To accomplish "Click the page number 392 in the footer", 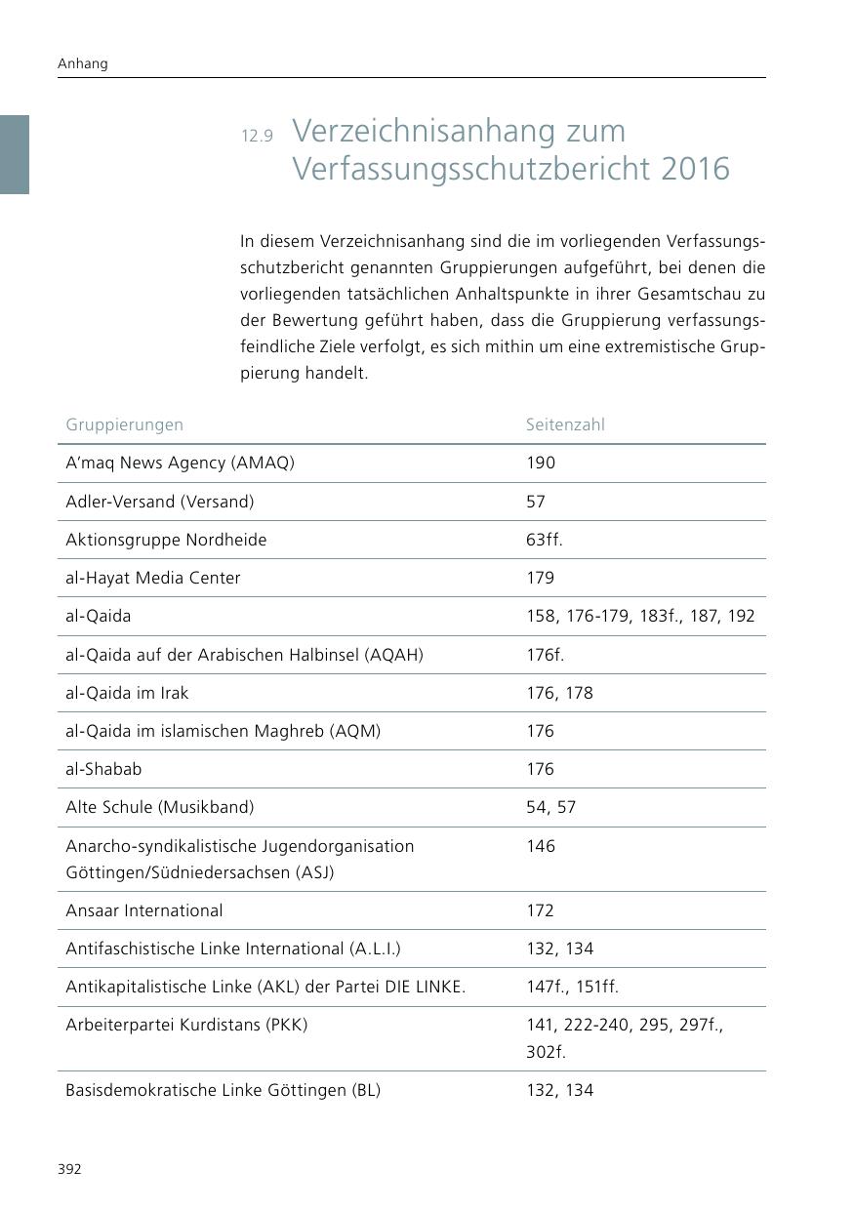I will click(x=68, y=1169).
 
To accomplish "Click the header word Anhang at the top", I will click(x=83, y=63).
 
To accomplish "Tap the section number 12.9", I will click(x=257, y=136).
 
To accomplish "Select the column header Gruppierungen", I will click(x=124, y=424).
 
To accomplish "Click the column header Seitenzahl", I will click(x=565, y=424).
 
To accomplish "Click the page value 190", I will click(x=540, y=463).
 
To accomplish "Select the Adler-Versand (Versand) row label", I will click(x=159, y=502).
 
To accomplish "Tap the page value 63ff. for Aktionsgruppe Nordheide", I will click(x=544, y=540).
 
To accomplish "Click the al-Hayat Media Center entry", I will click(x=152, y=578).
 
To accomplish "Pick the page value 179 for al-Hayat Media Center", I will click(x=540, y=578).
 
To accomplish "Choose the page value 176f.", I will click(x=545, y=655).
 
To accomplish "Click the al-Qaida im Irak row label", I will click(x=127, y=693).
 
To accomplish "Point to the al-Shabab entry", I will click(x=103, y=769).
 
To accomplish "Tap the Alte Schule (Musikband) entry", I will click(x=159, y=807).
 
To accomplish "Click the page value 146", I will click(x=540, y=846).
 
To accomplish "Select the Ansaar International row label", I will click(x=143, y=910).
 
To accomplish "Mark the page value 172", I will click(x=540, y=910).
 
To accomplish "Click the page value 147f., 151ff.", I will click(x=572, y=987).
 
